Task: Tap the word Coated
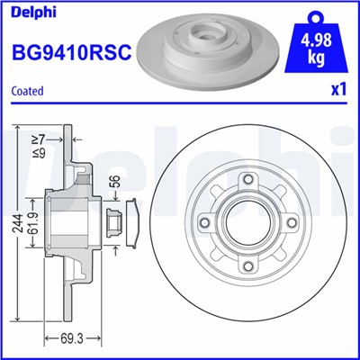(x=28, y=90)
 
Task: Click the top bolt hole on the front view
(x=244, y=181)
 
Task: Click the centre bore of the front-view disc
(x=244, y=221)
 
